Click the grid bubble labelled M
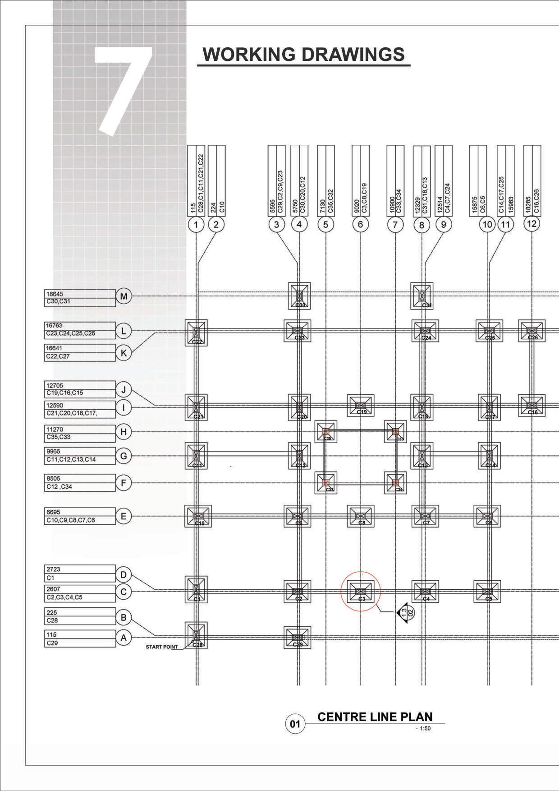[x=124, y=296]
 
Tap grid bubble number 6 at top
[x=360, y=224]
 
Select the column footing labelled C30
[x=299, y=296]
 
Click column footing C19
[x=361, y=405]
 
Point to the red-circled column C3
[x=361, y=591]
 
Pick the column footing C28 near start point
[x=196, y=635]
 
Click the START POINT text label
[x=162, y=647]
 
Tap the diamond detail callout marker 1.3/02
[x=407, y=612]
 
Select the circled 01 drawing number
[x=295, y=724]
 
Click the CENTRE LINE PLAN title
[x=375, y=717]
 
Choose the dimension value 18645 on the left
[x=55, y=294]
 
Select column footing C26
[x=532, y=331]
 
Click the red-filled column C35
[x=326, y=432]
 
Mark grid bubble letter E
[x=124, y=516]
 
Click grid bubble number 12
[x=532, y=223]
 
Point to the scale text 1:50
[x=425, y=728]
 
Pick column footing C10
[x=198, y=516]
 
